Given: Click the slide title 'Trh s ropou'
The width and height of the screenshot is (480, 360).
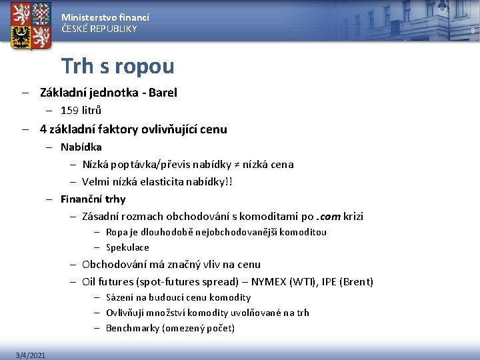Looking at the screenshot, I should [x=117, y=66].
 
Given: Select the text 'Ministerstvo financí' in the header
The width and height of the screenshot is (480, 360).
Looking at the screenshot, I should [x=105, y=17].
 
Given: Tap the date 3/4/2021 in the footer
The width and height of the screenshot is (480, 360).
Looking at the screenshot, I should [x=31, y=355].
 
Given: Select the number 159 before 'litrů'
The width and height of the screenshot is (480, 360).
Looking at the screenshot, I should [x=69, y=111].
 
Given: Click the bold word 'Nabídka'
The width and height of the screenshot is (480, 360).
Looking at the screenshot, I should [x=81, y=147].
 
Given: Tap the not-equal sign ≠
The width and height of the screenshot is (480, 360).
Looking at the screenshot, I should [x=234, y=164].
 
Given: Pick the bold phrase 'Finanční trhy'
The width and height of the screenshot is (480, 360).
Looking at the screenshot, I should [x=93, y=199].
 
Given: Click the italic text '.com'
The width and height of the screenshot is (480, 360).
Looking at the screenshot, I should [x=329, y=216].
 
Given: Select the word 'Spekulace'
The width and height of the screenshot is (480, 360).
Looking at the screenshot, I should [x=127, y=247].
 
